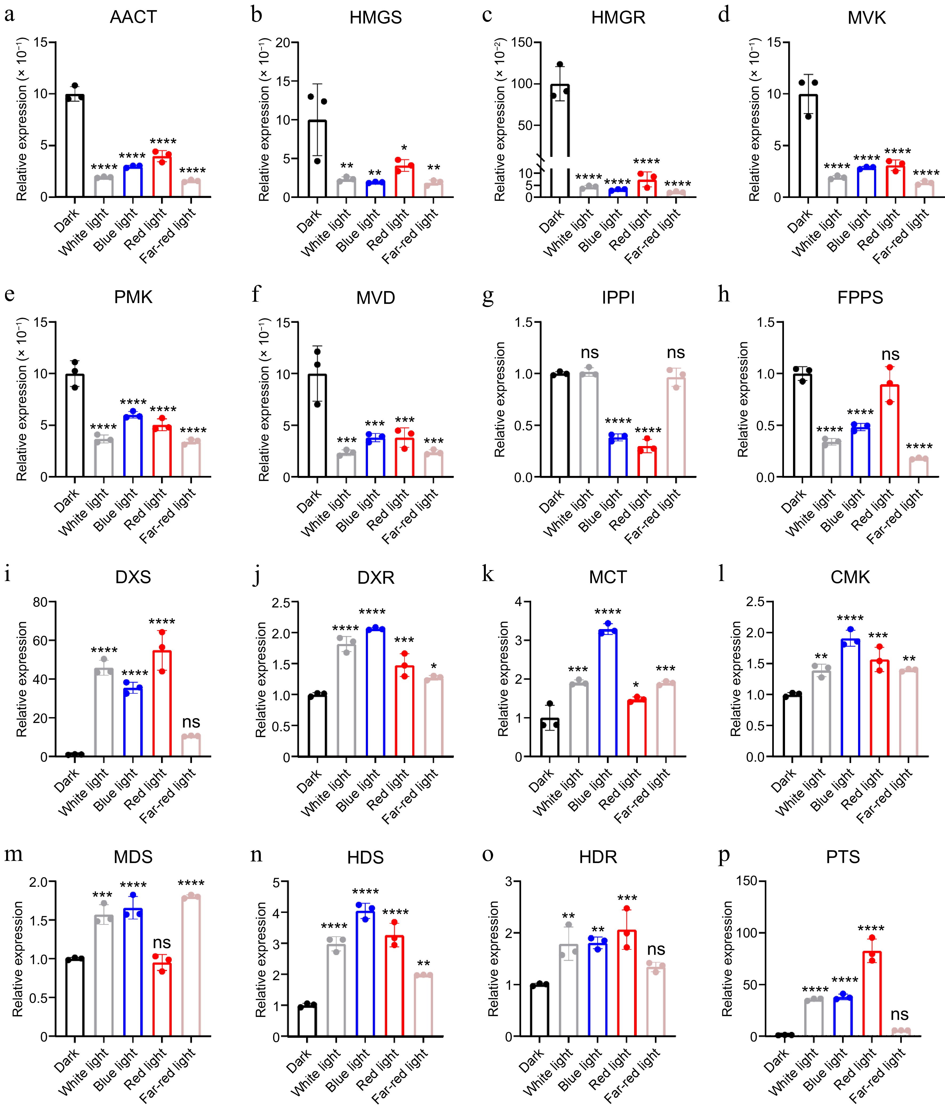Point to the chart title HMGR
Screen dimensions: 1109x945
[x=618, y=18]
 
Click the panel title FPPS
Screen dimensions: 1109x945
[x=860, y=297]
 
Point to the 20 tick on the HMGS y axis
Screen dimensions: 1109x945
[x=283, y=43]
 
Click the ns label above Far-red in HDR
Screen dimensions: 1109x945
[x=656, y=949]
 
